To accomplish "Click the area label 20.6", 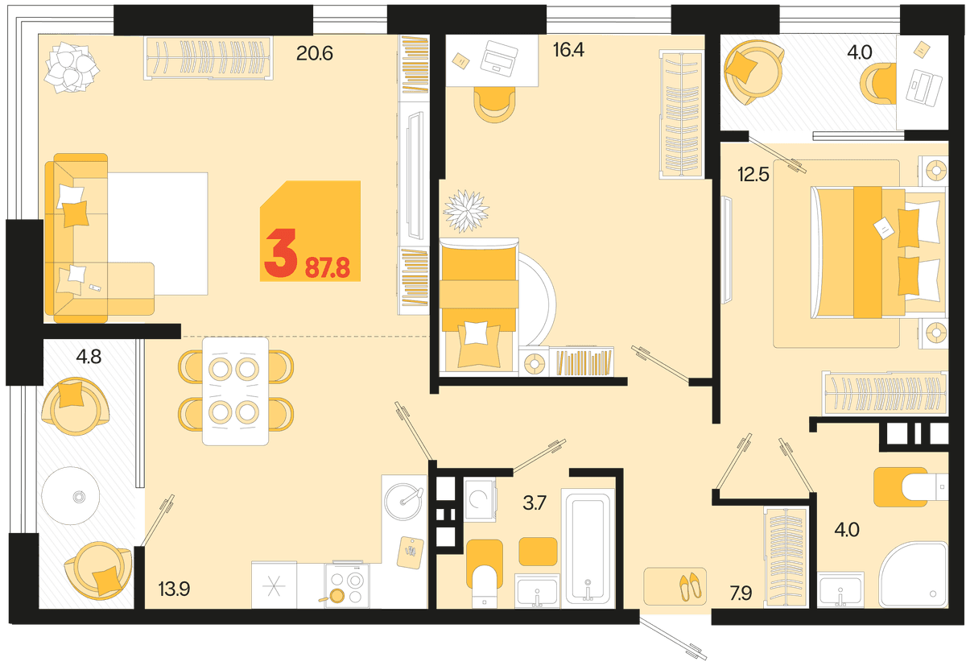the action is pos(315,53).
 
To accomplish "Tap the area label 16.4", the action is pos(568,50).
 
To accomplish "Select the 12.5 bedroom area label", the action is pos(753,175).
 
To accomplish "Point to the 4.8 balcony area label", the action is pos(89,357).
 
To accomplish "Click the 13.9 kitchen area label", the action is pos(174,589).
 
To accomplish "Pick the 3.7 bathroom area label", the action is pos(535,503).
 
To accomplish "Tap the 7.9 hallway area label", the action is pos(741,593).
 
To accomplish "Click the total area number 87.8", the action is pos(328,268).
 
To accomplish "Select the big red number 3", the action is pos(281,253).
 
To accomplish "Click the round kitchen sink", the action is pos(403,502).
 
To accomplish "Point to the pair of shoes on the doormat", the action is pos(690,586).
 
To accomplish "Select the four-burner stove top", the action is pos(347,585).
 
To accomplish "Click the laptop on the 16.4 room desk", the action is pos(499,59).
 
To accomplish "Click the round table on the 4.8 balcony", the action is pos(71,496).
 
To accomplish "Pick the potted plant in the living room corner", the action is pos(72,68).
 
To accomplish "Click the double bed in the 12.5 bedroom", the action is pos(878,252).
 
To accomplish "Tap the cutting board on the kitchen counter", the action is pos(410,552).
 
